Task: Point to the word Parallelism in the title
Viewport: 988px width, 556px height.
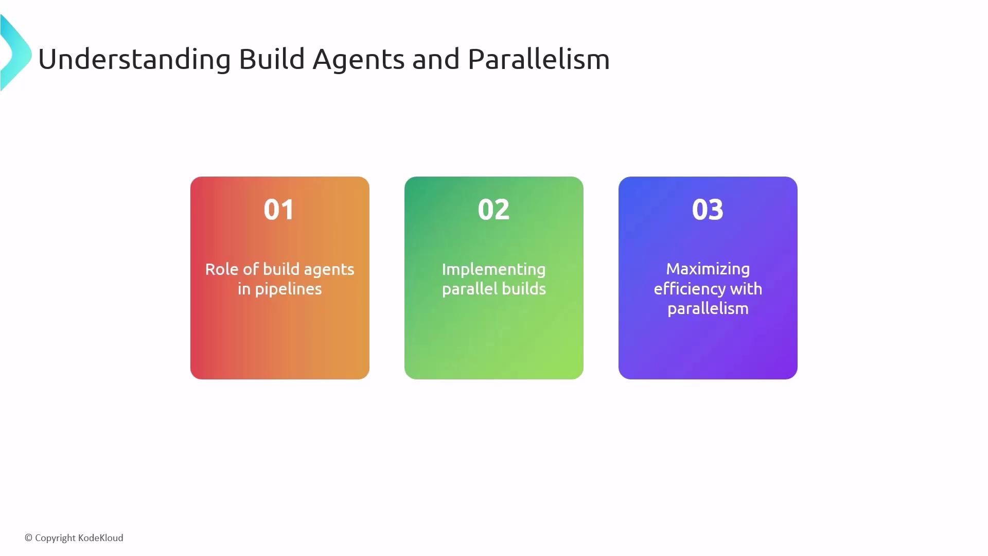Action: [x=539, y=59]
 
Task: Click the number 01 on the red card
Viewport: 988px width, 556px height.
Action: [x=279, y=210]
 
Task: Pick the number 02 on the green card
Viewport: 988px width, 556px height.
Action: [x=493, y=210]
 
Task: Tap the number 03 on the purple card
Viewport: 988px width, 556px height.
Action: [x=708, y=210]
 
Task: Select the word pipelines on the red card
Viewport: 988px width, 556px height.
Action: [x=288, y=289]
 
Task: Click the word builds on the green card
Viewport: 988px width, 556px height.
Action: [x=524, y=289]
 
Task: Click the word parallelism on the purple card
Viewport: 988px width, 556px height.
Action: [x=708, y=309]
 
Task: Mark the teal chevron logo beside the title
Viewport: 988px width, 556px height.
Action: [x=15, y=53]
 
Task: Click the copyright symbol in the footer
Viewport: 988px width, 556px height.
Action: [x=29, y=538]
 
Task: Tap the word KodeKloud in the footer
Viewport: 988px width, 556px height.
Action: [x=101, y=538]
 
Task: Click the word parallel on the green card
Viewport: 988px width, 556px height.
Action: [x=470, y=289]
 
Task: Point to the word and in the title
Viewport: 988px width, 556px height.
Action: [x=436, y=59]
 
